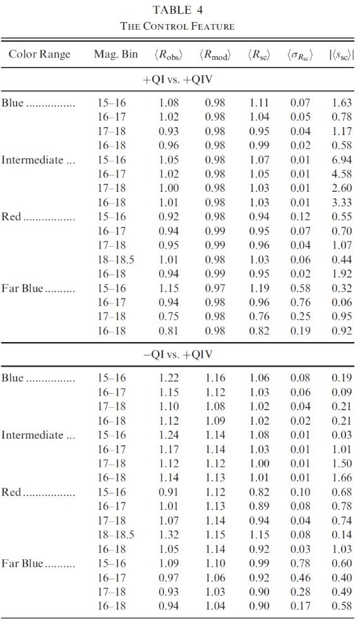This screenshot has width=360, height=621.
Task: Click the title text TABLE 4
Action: click(177, 10)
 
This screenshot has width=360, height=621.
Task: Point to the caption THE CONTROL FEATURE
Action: click(177, 27)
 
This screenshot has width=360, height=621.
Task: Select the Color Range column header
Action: click(39, 54)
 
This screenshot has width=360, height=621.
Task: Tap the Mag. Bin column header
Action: click(116, 54)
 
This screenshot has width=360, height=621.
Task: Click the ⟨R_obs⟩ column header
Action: click(169, 55)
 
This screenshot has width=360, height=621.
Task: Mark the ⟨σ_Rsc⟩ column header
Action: click(300, 56)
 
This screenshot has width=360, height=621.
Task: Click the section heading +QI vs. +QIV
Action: click(177, 80)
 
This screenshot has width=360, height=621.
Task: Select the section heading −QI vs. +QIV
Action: click(177, 354)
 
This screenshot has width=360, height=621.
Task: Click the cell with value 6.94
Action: click(342, 160)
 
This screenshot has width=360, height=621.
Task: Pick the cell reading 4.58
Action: click(342, 174)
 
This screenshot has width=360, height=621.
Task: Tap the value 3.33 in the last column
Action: click(342, 203)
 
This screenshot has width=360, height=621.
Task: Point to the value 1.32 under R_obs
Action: click(169, 535)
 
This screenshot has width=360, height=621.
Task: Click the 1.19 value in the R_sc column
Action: click(260, 288)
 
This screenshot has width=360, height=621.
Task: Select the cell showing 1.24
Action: click(169, 435)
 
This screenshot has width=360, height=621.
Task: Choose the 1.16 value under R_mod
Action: click(215, 378)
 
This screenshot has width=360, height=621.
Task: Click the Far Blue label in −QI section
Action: click(22, 563)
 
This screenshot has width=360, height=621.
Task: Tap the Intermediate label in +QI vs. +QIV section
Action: click(32, 160)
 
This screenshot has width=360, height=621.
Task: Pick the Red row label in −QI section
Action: click(11, 492)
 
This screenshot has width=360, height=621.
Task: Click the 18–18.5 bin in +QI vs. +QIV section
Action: click(116, 260)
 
